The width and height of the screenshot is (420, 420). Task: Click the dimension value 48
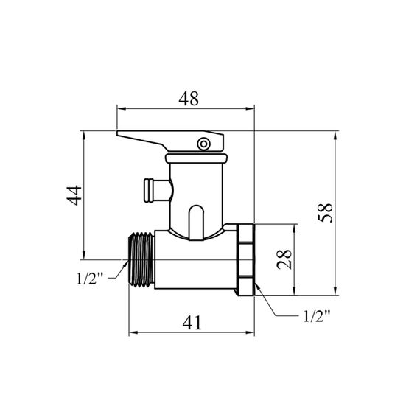pos(189,99)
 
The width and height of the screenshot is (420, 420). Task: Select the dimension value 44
pos(74,195)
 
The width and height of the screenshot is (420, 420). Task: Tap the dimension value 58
pos(325,213)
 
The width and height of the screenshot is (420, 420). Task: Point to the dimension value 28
pos(284,259)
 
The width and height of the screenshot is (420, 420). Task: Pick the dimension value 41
pos(192,323)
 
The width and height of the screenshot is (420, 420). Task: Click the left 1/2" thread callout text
pos(90,279)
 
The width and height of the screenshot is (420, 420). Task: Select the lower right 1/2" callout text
pos(316,316)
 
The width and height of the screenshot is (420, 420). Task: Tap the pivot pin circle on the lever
pos(203,144)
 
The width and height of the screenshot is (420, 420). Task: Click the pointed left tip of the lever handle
pos(117,133)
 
